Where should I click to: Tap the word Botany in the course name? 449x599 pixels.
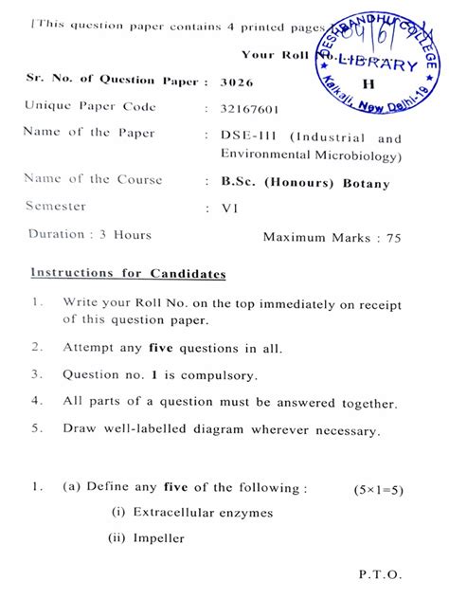coord(367,184)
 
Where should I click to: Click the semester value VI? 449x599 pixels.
coord(229,207)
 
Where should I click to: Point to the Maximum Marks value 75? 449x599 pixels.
coord(393,237)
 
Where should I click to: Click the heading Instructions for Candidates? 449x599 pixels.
coord(128,274)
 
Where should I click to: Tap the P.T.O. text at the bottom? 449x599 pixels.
coord(381,574)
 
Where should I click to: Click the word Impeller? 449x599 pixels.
coord(158,539)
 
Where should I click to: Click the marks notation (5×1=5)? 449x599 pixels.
coord(379,489)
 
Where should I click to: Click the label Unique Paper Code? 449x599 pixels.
coord(90,106)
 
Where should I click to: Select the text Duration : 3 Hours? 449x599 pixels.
coord(90,234)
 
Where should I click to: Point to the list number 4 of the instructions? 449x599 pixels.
coord(36,400)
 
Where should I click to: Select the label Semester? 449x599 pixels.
coord(55,206)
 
